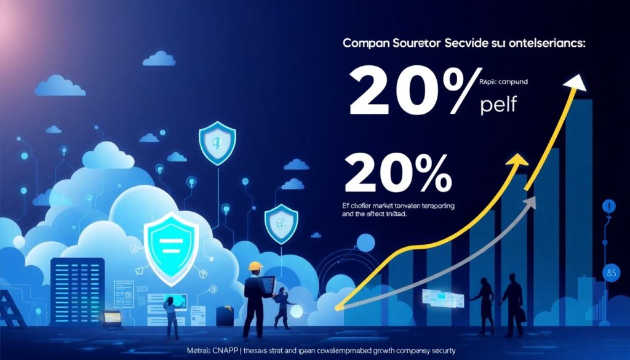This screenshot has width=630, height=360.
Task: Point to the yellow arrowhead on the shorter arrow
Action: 519,161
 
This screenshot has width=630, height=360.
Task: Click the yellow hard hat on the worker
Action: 256,266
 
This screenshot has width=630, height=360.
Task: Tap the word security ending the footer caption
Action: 437,351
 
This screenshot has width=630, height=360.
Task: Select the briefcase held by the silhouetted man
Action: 520,314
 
